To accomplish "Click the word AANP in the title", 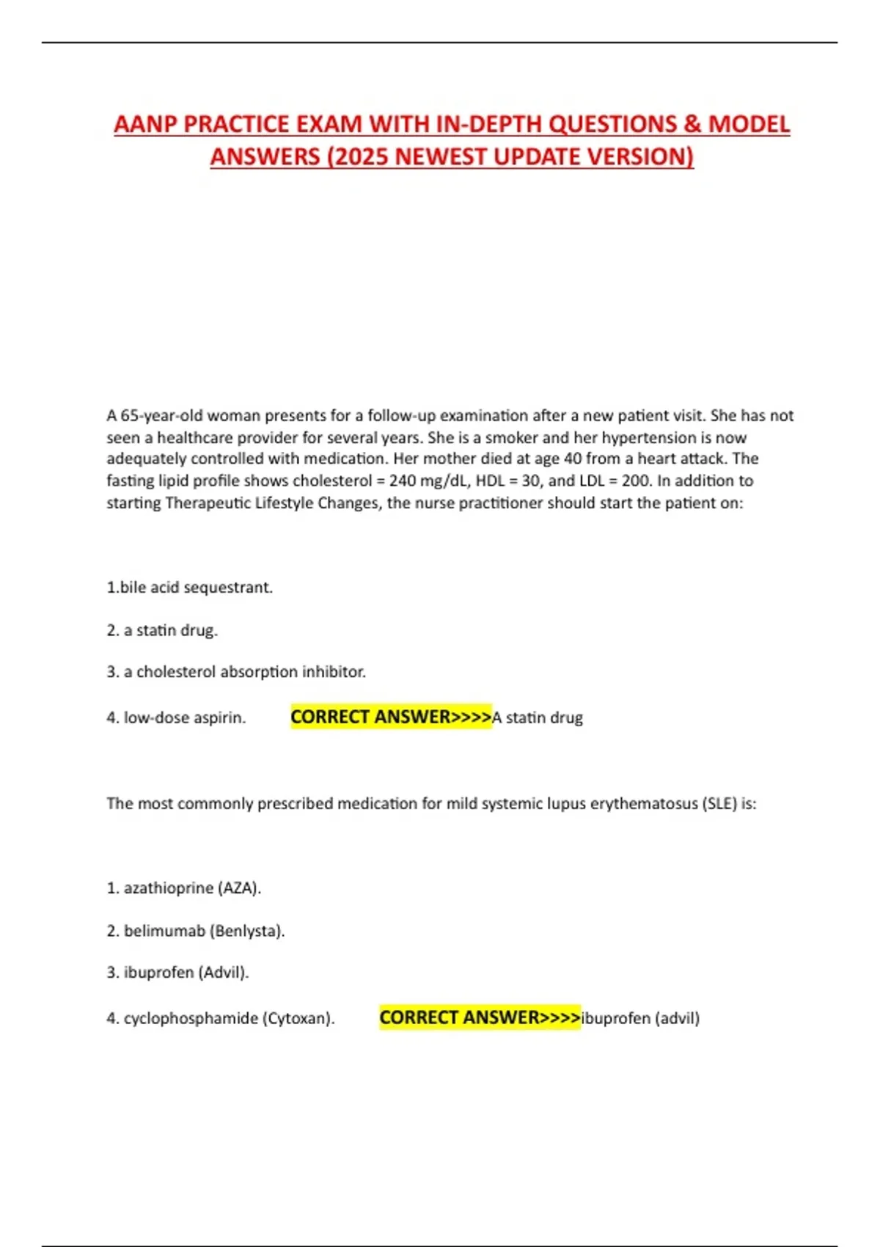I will coord(145,124).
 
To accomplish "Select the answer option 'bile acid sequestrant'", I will coord(189,588).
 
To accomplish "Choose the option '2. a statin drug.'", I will coord(162,630).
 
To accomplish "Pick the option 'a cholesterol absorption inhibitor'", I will coord(236,672).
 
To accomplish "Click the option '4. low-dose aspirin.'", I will coord(176,717).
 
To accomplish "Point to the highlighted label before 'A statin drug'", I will coord(390,717).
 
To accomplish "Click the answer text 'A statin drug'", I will coord(538,717).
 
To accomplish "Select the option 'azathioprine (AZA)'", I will coord(184,888).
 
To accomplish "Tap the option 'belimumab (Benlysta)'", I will coord(196,931).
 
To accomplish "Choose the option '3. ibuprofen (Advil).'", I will coord(177,973).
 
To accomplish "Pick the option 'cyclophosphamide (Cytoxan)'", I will coord(221,1018).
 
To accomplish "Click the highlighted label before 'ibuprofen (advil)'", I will coord(480,1017).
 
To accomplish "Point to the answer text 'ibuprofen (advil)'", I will coord(640,1018).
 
